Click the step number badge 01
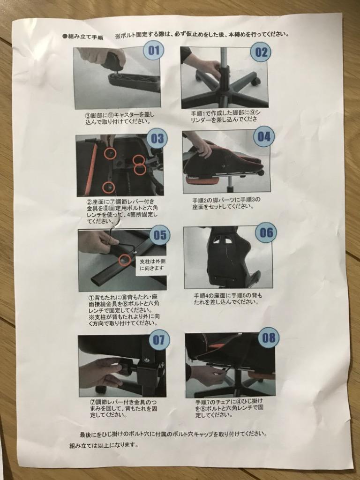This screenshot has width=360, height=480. click(x=154, y=51)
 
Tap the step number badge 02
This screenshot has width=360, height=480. click(x=261, y=52)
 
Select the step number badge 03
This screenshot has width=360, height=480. click(x=157, y=138)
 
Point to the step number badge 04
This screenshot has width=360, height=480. click(x=264, y=136)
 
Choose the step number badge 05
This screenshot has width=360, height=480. click(x=160, y=235)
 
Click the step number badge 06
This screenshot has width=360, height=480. click(x=266, y=232)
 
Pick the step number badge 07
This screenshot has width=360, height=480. click(x=158, y=340)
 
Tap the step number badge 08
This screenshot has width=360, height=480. click(x=269, y=337)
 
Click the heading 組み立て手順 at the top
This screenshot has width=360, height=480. click(x=82, y=37)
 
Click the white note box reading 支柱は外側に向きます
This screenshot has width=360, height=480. click(x=151, y=265)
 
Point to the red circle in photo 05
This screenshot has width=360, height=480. click(x=124, y=259)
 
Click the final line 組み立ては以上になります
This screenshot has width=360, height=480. click(x=104, y=445)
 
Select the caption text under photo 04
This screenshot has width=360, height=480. click(x=226, y=203)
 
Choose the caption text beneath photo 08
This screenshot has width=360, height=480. click(x=229, y=408)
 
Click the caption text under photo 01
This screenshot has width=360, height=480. click(x=120, y=118)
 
